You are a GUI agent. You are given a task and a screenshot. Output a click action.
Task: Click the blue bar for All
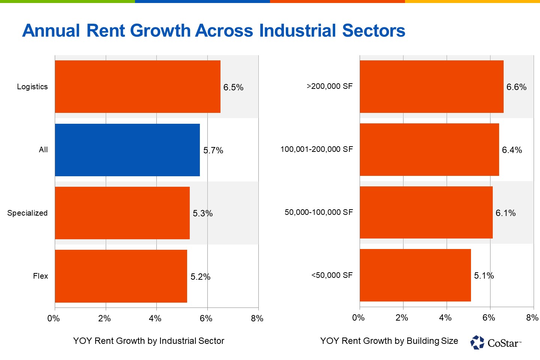coord(127,150)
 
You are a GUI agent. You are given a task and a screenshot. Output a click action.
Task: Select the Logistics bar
coord(138,87)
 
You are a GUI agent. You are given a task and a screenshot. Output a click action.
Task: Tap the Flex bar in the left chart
coord(121,276)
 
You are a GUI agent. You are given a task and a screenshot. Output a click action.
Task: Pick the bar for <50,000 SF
coord(415,275)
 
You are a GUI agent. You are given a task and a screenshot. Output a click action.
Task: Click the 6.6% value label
coord(516,87)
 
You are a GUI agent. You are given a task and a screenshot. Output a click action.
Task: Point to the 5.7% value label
coord(213,150)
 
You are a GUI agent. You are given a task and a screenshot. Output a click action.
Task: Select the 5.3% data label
coord(202,213)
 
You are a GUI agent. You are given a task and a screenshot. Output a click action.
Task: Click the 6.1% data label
coord(505,213)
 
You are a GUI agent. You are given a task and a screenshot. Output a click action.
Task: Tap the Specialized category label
coord(27,213)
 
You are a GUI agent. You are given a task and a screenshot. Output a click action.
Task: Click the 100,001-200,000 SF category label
coord(316,149)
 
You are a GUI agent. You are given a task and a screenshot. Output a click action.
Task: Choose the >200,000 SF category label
coord(330,86)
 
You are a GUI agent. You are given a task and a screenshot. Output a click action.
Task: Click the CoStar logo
coord(496,342)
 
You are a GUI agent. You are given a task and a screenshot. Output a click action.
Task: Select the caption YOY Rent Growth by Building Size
coord(389,341)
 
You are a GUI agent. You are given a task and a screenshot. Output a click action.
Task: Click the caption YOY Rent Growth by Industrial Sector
coord(148,341)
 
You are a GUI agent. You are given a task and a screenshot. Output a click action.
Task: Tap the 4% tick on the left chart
coord(155,318)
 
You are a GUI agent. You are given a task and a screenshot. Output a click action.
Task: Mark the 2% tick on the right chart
coord(402,318)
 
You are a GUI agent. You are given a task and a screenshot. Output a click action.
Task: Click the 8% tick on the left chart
coord(257,318)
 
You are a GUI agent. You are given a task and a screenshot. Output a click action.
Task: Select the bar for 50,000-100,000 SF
coord(426,212)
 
